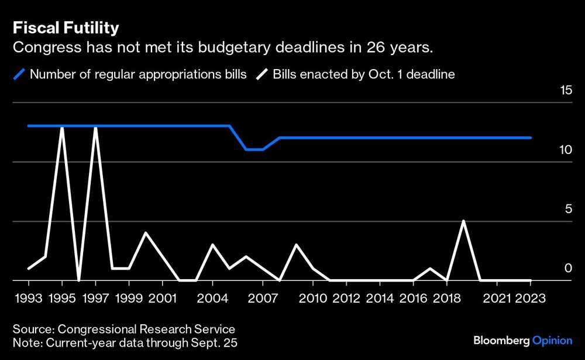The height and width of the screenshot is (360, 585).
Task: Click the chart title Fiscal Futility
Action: point(66,28)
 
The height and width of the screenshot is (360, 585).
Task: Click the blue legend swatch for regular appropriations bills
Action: point(20,74)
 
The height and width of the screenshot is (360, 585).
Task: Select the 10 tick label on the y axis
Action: point(565,150)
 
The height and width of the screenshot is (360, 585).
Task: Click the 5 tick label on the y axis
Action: point(567,209)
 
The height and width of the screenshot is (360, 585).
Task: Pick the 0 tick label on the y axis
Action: point(567,268)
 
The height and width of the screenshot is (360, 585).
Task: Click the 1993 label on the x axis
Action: point(29,298)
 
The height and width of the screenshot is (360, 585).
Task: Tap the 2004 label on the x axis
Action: point(212,298)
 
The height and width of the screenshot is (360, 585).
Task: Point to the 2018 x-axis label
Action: point(446,298)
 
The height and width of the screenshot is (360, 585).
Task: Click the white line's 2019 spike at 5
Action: point(463,221)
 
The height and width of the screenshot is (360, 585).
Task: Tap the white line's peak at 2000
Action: point(146,233)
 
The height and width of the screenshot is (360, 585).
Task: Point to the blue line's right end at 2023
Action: point(530,138)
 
